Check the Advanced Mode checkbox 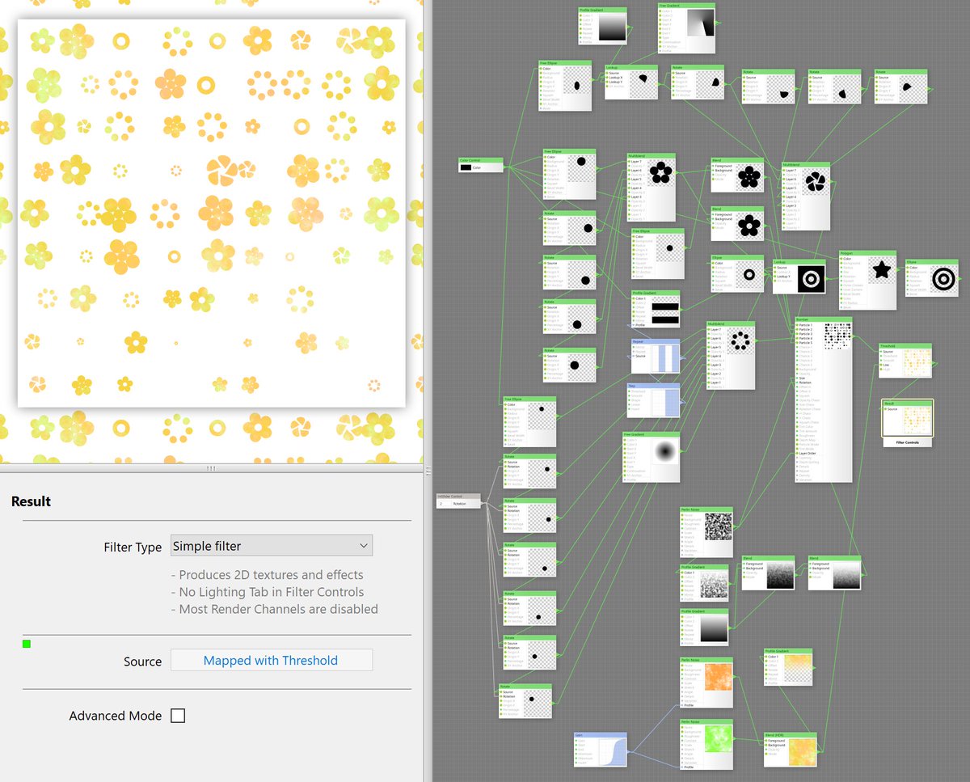[178, 716]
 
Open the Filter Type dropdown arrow [365, 546]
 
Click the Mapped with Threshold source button [271, 661]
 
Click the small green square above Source [27, 644]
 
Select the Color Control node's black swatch [466, 167]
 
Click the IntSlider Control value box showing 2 [441, 504]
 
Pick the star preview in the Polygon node [882, 271]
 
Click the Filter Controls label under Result [908, 442]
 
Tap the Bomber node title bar [824, 319]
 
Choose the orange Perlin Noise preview [718, 677]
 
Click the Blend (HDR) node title [790, 735]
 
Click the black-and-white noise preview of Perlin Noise [718, 526]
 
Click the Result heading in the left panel [32, 501]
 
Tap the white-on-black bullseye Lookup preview [811, 279]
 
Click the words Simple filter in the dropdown [207, 546]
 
